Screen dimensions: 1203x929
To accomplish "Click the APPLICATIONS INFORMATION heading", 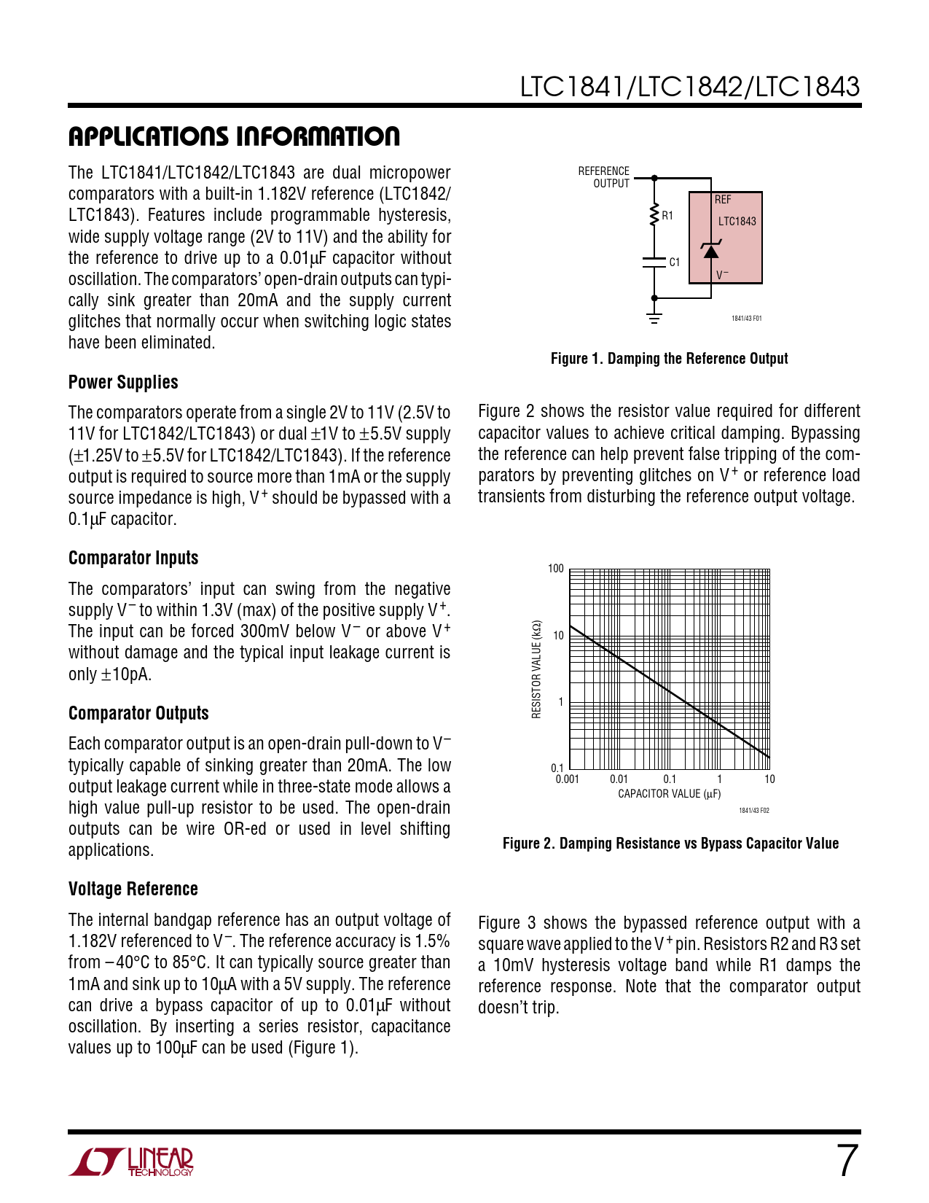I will (234, 136).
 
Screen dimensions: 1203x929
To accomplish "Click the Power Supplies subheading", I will (123, 382).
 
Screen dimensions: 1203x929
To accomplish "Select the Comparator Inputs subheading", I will (133, 558).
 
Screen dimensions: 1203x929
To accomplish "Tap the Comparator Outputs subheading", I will (138, 713).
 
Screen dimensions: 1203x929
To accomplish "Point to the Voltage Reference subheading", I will (133, 889).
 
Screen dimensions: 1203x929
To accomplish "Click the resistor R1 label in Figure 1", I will (667, 216).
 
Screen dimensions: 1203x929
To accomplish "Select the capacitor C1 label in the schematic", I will (674, 262).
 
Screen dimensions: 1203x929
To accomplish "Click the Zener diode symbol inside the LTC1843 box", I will (710, 251).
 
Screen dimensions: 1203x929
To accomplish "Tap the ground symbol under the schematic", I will (654, 317).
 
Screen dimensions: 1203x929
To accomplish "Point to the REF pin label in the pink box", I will (723, 200).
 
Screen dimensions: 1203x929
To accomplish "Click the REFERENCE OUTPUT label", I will (604, 177).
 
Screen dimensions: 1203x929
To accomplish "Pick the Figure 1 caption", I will (669, 359).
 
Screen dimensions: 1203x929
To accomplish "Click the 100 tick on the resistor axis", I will (556, 569).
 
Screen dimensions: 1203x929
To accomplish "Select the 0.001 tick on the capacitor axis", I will (567, 779).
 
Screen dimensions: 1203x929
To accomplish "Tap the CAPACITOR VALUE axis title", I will (669, 794).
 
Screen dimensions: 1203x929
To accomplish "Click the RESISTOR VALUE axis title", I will (537, 669).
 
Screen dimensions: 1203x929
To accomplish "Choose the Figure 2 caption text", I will (670, 844).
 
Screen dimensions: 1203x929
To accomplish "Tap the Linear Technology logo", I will (132, 1161).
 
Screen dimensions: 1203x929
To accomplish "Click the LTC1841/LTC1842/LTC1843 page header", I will (689, 87).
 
